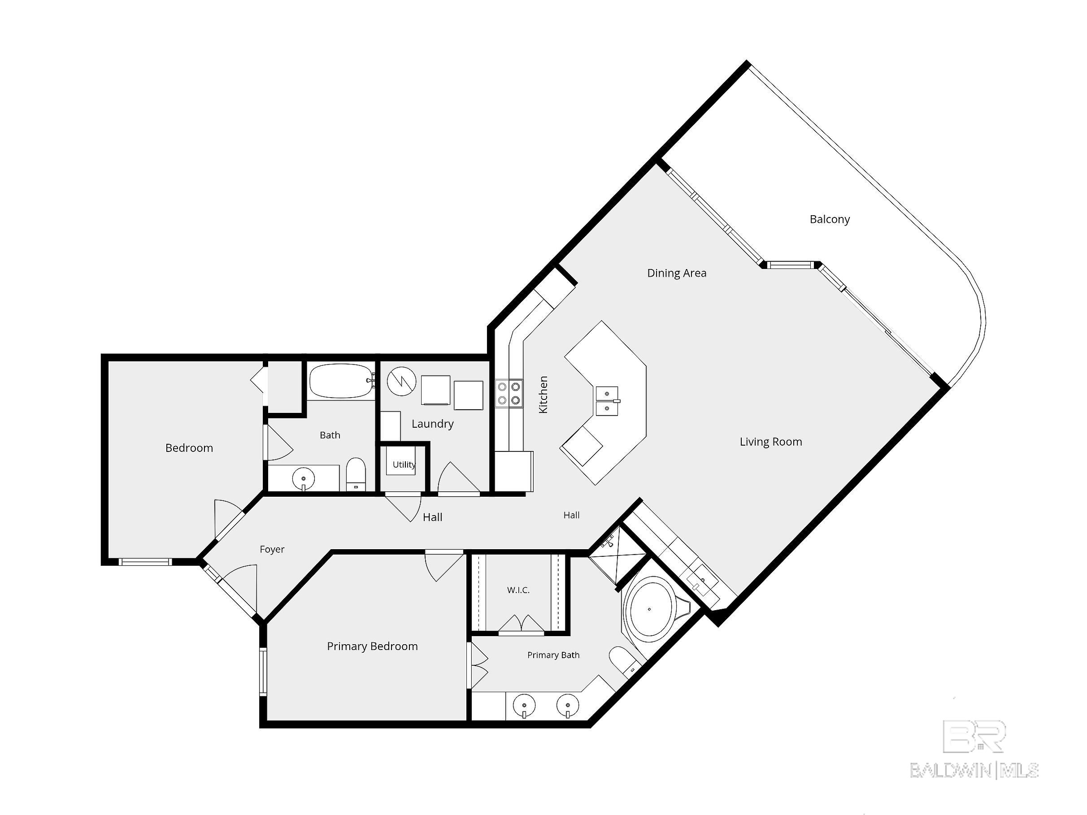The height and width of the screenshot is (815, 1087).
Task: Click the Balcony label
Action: [830, 219]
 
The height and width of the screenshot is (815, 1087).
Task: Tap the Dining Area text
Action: [677, 273]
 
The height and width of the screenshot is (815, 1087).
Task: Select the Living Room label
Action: [770, 442]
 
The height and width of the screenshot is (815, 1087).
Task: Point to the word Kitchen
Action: [543, 394]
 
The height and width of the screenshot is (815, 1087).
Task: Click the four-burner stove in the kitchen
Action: [509, 394]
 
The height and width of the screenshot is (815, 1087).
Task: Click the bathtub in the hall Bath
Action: [342, 381]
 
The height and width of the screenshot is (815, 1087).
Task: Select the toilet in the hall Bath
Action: [356, 475]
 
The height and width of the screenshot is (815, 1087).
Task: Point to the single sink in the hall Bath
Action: [304, 478]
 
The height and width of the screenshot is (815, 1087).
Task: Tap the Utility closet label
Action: [404, 465]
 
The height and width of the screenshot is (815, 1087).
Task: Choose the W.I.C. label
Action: [518, 590]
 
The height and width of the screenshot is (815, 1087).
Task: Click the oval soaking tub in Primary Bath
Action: [649, 609]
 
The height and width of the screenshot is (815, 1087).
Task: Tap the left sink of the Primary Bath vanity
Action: [524, 707]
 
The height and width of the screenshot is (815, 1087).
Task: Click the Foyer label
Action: [272, 549]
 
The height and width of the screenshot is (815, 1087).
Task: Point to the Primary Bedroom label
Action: [373, 646]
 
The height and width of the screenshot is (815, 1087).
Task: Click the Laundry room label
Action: [432, 424]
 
